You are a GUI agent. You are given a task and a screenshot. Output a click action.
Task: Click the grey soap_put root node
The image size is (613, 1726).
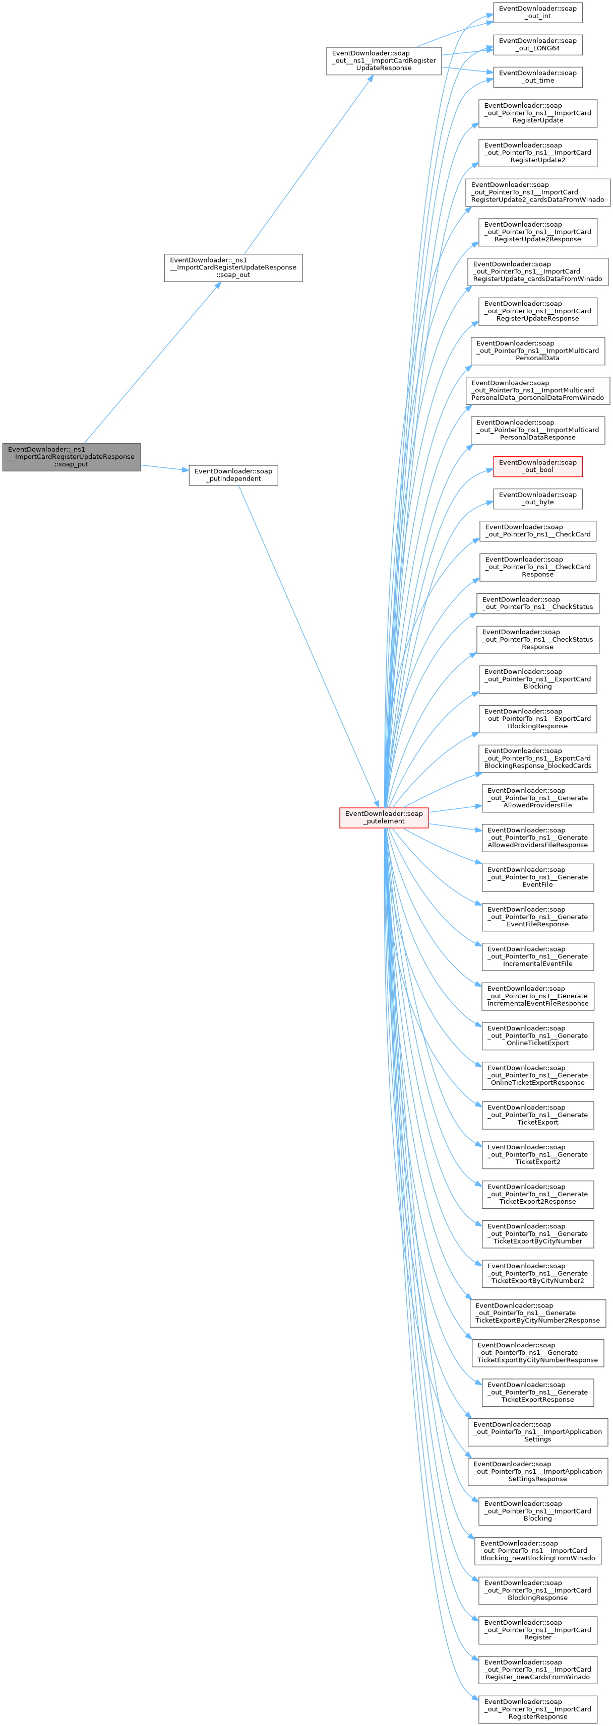(71, 456)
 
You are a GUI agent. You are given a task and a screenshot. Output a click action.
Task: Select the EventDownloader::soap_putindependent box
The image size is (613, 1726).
(233, 475)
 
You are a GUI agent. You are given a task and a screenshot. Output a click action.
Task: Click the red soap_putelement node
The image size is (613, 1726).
(384, 817)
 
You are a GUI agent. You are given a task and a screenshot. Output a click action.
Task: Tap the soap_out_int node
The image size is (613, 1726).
(537, 12)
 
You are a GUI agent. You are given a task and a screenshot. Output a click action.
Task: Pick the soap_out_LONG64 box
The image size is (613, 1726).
(537, 44)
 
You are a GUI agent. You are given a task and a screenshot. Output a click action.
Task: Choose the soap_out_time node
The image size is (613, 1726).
(537, 77)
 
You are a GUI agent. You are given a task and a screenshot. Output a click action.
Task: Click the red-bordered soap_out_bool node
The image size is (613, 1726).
(537, 466)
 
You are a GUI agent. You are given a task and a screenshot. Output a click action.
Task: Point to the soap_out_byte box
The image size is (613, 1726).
(537, 499)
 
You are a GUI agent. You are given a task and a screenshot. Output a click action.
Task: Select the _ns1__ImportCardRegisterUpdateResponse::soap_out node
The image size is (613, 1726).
(233, 267)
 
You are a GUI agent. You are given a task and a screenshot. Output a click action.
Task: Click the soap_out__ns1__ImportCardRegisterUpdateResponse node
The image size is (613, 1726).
(384, 60)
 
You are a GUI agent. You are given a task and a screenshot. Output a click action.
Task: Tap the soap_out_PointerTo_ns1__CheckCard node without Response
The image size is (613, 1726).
(537, 531)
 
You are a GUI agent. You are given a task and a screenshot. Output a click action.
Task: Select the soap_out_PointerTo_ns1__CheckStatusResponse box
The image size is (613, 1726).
(537, 639)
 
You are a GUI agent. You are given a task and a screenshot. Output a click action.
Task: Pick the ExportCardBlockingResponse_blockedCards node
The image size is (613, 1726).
(537, 758)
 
